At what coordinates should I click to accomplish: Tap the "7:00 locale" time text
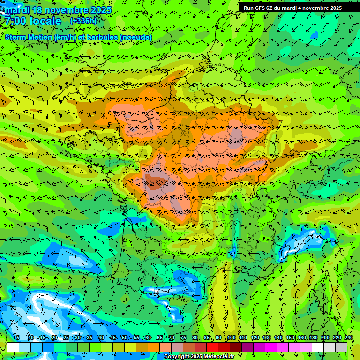33,21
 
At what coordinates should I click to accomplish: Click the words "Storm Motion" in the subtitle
29,37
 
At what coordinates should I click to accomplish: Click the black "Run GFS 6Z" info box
292,8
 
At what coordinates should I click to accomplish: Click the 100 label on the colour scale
231,338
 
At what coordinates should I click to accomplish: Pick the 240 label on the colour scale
348,338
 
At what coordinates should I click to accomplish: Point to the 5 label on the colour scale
17,338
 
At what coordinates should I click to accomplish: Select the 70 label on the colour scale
171,338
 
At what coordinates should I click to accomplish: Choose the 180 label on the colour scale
313,338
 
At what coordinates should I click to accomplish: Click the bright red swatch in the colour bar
212,347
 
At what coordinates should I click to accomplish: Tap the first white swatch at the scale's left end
13,347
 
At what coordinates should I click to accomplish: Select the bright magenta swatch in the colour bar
271,347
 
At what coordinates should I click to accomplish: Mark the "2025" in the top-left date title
101,10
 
